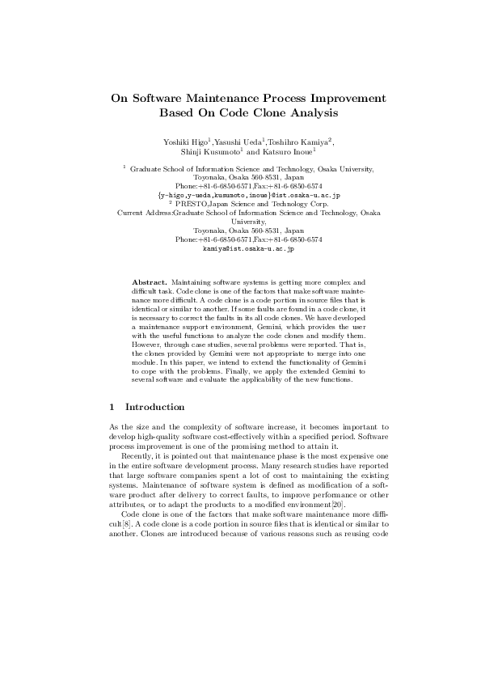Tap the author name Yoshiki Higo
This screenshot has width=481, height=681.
184,142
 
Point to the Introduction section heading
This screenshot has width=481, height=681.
155,407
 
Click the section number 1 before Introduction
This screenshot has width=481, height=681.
112,407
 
